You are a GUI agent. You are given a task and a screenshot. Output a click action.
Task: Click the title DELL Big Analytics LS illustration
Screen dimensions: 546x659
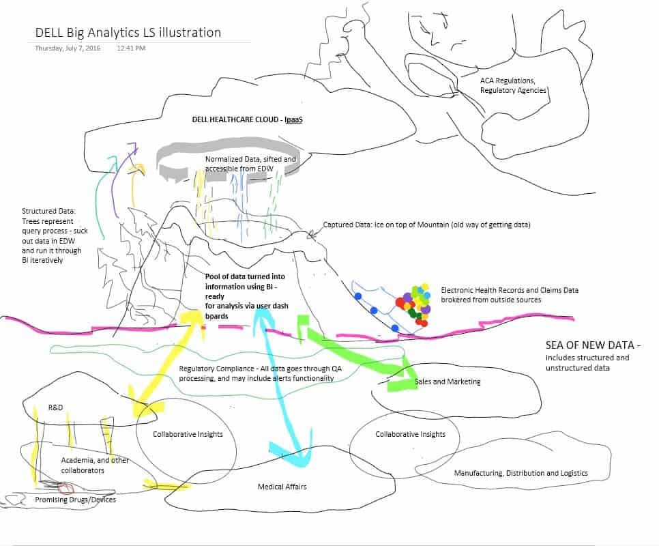point(128,32)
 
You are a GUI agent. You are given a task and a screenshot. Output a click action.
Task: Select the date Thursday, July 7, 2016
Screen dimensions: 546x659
point(68,48)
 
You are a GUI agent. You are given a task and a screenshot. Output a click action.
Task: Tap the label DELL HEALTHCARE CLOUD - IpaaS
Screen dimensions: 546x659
point(248,119)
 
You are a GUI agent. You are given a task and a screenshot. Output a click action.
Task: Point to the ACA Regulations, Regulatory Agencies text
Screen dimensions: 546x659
point(514,85)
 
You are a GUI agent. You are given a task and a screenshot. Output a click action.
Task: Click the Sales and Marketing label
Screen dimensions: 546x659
point(448,382)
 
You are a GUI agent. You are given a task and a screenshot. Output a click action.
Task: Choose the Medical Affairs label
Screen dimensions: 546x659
point(282,487)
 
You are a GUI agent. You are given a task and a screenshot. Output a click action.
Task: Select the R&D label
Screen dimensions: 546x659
point(55,407)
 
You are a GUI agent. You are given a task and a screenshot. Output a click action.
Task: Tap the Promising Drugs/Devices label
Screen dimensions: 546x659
point(76,500)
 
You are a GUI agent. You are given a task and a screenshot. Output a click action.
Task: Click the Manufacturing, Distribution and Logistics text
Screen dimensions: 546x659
point(521,473)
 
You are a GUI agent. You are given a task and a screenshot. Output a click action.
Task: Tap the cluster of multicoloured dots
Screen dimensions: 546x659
point(414,302)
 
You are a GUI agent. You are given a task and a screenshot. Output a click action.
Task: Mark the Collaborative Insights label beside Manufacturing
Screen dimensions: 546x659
point(410,434)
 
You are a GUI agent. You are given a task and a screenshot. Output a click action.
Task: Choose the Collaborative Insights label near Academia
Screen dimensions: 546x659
point(188,434)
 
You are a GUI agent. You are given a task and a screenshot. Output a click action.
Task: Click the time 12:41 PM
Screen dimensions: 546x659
point(131,48)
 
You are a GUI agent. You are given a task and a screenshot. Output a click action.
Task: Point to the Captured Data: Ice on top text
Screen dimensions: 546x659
point(426,225)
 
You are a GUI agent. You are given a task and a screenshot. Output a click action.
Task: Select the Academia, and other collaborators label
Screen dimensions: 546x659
point(95,465)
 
